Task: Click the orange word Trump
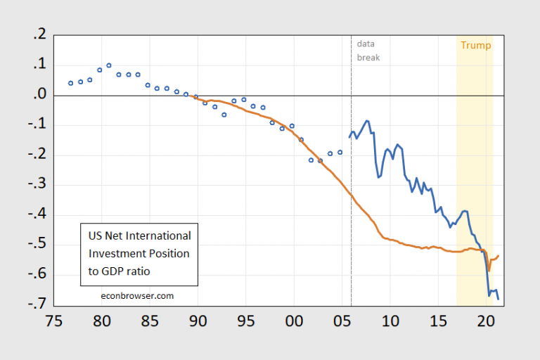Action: coord(475,46)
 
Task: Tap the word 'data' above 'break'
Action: coord(366,44)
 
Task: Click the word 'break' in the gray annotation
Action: coord(368,57)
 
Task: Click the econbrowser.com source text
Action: coord(136,296)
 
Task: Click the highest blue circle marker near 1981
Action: coord(109,65)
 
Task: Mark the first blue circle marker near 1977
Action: coord(70,83)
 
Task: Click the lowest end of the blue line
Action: coord(499,300)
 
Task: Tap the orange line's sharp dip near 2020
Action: coord(489,270)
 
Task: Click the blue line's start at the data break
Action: coord(349,137)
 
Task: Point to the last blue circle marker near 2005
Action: coord(340,152)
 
